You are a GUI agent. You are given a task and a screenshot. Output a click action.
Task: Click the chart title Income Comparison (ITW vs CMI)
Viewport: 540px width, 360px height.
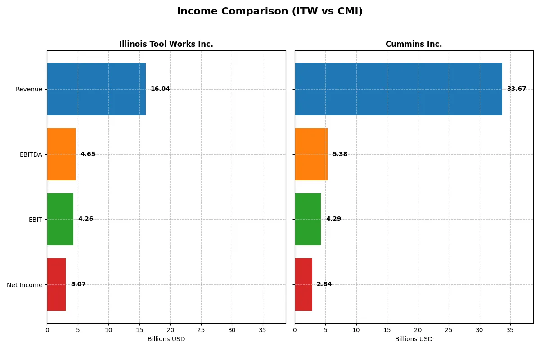tap(270, 12)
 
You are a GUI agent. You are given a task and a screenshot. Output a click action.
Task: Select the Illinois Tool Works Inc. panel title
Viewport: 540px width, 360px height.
tap(166, 44)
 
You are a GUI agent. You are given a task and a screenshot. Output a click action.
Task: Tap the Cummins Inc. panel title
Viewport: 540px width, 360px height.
tap(414, 44)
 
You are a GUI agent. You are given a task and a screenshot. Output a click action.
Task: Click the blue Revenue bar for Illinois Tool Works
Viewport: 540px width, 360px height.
tap(96, 89)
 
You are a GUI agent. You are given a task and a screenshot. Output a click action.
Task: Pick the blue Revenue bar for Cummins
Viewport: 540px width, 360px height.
tap(398, 89)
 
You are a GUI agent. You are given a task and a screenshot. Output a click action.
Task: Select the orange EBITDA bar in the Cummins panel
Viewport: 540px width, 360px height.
tap(311, 154)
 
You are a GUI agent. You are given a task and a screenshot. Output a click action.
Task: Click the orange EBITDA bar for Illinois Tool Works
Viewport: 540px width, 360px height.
tap(61, 154)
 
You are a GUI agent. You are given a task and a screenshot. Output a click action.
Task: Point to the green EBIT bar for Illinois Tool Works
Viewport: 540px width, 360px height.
tap(60, 220)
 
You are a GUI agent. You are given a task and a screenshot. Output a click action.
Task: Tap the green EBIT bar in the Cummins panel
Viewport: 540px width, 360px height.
tap(308, 220)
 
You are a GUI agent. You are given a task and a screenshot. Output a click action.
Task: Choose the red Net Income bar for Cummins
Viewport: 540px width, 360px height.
tap(303, 284)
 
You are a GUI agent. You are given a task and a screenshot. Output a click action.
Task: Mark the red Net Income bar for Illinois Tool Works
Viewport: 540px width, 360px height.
tap(56, 284)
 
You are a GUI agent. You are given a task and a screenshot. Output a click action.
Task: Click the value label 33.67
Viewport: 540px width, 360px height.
tap(516, 89)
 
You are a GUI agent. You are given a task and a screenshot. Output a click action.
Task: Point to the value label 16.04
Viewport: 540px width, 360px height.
tap(160, 89)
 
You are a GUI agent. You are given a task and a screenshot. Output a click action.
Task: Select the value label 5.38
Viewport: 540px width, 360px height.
tap(340, 154)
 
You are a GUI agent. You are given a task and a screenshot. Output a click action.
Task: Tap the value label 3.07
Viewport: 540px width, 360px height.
tap(78, 284)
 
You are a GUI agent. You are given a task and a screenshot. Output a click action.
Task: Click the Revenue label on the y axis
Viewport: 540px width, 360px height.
tap(29, 89)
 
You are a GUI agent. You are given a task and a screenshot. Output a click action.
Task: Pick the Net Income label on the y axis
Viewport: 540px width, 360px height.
tap(24, 285)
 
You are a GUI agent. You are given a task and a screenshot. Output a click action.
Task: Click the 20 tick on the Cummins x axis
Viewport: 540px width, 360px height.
tap(418, 330)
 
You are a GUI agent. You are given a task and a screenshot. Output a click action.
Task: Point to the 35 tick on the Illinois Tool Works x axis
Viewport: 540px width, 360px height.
tap(263, 330)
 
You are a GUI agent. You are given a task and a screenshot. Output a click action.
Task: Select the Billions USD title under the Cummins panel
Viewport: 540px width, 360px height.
tap(414, 339)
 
